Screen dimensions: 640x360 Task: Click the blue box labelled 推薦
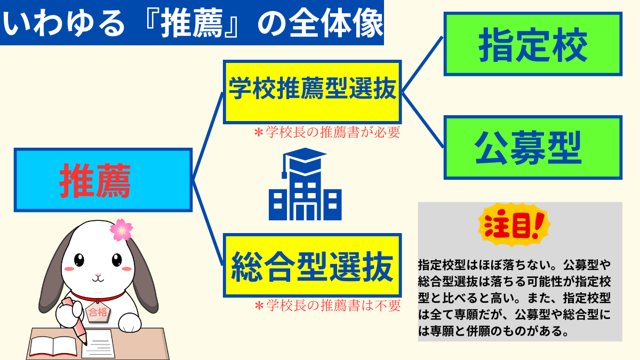pyautogui.click(x=103, y=180)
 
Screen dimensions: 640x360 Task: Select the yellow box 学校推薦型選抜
pyautogui.click(x=313, y=92)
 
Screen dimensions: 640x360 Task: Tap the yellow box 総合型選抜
pyautogui.click(x=313, y=266)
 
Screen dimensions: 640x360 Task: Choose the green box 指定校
pyautogui.click(x=533, y=44)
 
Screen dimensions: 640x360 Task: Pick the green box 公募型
pyautogui.click(x=533, y=147)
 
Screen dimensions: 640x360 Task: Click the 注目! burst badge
pyautogui.click(x=514, y=225)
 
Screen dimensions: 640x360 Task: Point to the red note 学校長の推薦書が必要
pyautogui.click(x=327, y=132)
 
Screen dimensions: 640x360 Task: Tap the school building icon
pyautogui.click(x=305, y=184)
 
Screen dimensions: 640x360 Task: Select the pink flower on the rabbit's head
pyautogui.click(x=121, y=230)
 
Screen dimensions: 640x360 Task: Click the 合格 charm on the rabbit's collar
pyautogui.click(x=98, y=311)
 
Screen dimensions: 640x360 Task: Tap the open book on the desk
pyautogui.click(x=53, y=347)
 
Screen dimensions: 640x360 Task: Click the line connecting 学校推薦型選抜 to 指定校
pyautogui.click(x=422, y=65)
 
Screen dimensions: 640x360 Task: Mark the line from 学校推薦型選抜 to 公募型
pyautogui.click(x=422, y=120)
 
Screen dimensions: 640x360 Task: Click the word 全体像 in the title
pyautogui.click(x=336, y=23)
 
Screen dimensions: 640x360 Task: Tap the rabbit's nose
pyautogui.click(x=98, y=275)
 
